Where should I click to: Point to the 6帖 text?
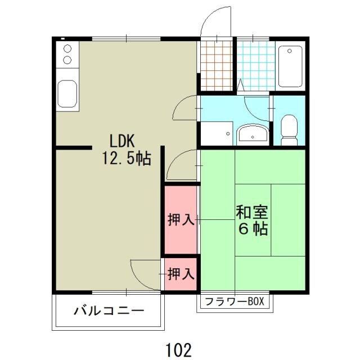[x=252, y=229]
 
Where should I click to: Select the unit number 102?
[x=179, y=349]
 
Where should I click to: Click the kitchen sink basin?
[x=67, y=93]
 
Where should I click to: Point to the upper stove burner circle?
[x=67, y=48]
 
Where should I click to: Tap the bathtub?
[x=290, y=66]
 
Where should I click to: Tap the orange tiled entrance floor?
[x=215, y=64]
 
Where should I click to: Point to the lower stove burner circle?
[x=67, y=60]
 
